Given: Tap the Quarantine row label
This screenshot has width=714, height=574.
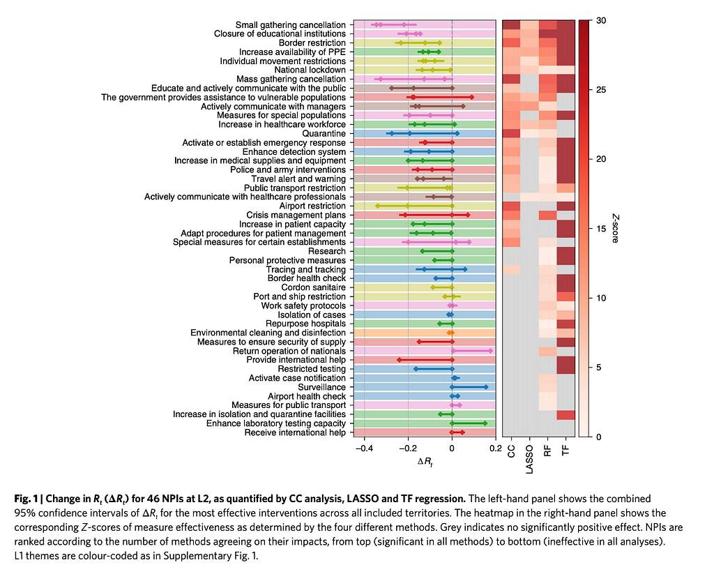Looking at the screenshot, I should click(x=324, y=134).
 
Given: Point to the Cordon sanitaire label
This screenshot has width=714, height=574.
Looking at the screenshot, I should click(x=313, y=287).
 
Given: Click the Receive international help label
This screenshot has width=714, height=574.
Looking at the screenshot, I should click(x=295, y=432).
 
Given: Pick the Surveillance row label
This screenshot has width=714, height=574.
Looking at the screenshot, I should click(x=321, y=387).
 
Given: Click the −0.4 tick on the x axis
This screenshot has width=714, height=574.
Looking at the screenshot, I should click(x=363, y=448).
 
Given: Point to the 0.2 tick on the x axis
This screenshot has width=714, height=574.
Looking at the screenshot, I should click(x=495, y=448).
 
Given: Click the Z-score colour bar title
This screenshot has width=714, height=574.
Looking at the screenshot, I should click(x=616, y=228).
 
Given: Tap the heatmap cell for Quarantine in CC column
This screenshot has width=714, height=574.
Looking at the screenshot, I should click(x=511, y=134).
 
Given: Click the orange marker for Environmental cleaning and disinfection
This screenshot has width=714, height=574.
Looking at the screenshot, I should click(x=450, y=333).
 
